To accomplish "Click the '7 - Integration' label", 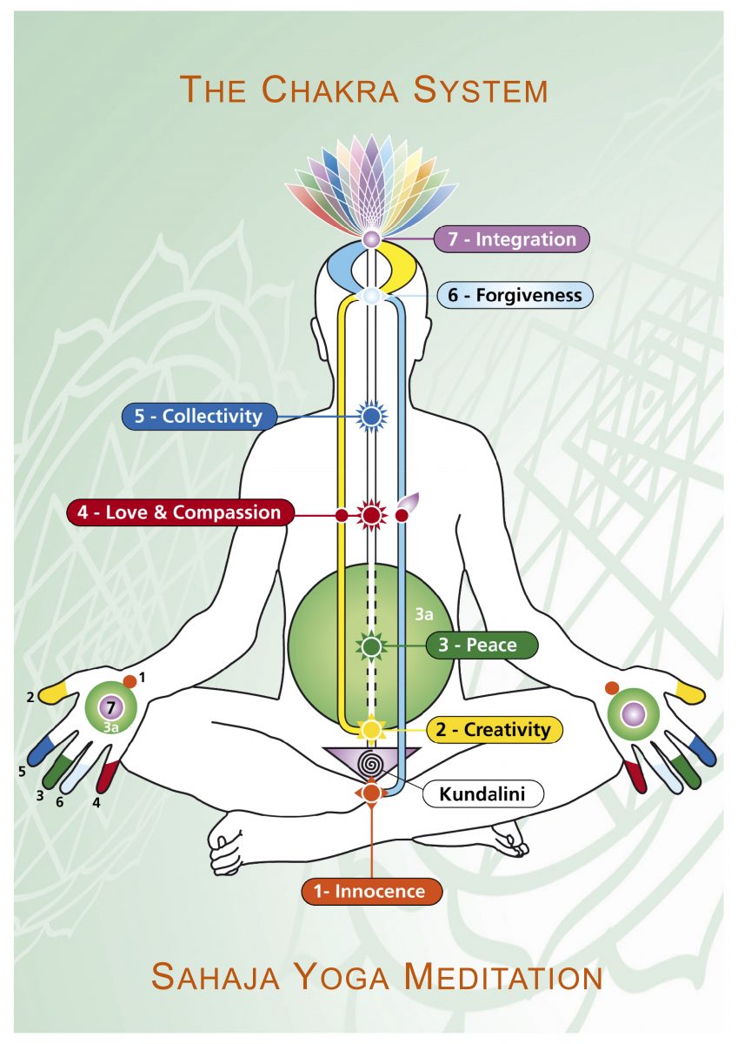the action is coord(512,239).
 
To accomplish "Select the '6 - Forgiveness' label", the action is coord(515,295).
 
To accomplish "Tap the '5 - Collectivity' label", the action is coord(199,416).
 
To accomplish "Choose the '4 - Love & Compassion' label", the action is coord(181,512).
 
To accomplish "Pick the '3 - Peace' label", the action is coord(482,645).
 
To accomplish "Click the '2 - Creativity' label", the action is coord(495,729).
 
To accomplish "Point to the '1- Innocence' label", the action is coord(371,892).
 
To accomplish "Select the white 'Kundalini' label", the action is coord(482,793).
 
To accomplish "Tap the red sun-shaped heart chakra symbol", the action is coord(371,515).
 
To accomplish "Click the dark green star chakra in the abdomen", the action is coord(371,646).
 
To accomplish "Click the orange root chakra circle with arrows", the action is coord(371,792).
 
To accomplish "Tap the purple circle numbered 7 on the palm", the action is coord(110,708).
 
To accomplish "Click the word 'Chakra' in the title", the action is coord(334,90).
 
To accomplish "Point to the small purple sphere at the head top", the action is coord(371,239).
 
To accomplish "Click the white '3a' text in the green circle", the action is coord(424,615).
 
